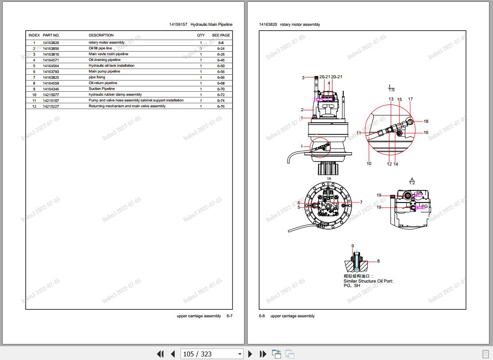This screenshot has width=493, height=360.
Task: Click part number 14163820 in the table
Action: (51, 43)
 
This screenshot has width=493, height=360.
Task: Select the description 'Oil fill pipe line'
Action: (100, 49)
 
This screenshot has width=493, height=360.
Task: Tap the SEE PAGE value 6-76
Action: (221, 106)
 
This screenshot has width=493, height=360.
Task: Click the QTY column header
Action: (200, 35)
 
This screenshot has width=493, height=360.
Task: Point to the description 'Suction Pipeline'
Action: (101, 89)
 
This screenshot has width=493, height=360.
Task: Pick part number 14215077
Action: (51, 95)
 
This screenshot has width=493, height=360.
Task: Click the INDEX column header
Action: (34, 35)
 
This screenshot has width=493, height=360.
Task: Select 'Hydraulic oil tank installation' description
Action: (111, 66)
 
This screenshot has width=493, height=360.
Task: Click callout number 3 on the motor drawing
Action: (303, 78)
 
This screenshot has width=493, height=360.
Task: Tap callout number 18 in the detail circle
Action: (426, 121)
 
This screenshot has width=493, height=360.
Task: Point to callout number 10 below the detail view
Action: (369, 164)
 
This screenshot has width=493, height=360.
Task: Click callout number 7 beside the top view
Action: (361, 202)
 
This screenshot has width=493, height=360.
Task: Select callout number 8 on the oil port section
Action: (378, 261)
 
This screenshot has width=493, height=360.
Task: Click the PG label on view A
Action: (425, 206)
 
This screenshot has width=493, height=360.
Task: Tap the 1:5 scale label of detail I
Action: (391, 90)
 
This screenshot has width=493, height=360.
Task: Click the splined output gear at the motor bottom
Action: (329, 169)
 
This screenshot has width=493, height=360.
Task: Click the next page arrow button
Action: (250, 354)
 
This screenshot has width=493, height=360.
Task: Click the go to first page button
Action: (160, 354)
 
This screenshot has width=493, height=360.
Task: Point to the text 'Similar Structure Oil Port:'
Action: (368, 281)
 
